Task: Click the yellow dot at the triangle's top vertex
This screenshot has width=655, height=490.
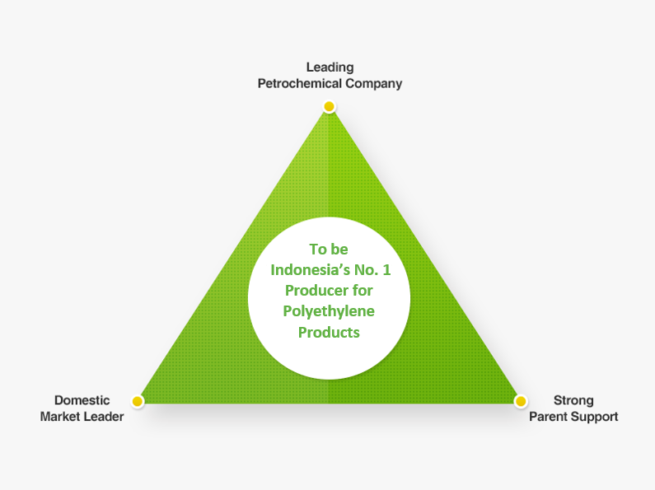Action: [330, 106]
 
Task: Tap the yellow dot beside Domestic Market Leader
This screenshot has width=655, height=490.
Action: [138, 401]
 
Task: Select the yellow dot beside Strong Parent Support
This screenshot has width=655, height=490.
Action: [521, 401]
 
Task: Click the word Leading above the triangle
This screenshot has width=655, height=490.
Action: [330, 68]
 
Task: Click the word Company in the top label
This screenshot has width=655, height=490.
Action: [374, 84]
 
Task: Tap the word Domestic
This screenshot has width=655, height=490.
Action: [82, 400]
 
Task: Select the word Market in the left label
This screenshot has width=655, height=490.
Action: [61, 417]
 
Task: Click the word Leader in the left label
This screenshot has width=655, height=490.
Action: [105, 417]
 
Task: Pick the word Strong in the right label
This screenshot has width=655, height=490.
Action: [573, 401]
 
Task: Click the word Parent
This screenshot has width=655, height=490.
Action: [548, 417]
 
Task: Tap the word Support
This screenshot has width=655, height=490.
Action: [594, 417]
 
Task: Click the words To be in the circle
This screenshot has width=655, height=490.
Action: [329, 250]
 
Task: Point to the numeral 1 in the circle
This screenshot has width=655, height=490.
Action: [386, 270]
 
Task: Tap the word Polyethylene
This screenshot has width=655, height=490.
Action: [329, 312]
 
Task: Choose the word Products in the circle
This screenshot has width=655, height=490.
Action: [329, 332]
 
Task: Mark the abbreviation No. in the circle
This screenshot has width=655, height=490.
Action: [367, 270]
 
